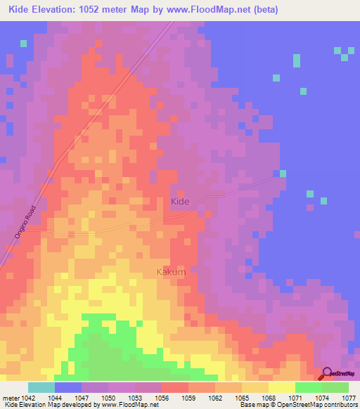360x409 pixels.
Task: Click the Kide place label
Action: point(181,202)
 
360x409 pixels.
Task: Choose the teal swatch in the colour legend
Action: point(41,387)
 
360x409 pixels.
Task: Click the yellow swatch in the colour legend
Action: point(282,387)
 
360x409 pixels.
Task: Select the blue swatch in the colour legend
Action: point(68,387)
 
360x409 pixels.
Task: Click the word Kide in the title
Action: point(22,10)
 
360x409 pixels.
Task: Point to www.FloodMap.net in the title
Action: point(211,10)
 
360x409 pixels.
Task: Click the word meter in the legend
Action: point(10,397)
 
